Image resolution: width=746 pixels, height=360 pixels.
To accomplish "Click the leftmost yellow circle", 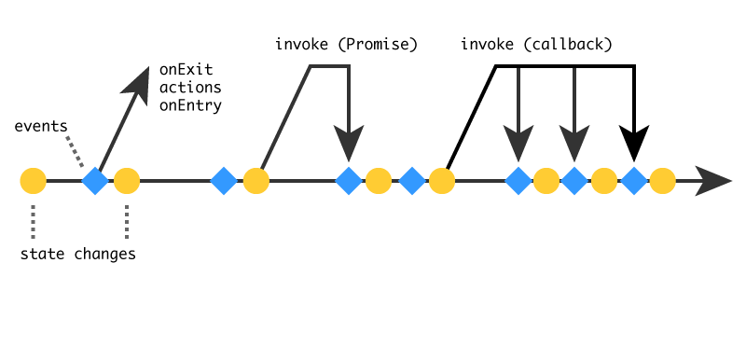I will click(x=33, y=181).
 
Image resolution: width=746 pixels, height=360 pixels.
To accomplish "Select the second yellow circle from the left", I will click(x=127, y=181).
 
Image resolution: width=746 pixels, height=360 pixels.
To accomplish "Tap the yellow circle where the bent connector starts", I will click(x=256, y=181).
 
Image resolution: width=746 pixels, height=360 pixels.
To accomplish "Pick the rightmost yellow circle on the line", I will click(x=662, y=181).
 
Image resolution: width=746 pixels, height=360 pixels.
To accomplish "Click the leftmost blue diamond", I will click(x=95, y=181).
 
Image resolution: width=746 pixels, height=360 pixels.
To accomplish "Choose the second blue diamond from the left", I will click(x=224, y=181).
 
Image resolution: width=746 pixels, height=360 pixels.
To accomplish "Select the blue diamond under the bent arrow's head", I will click(x=349, y=181).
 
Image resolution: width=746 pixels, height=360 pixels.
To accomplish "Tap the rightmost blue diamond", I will click(x=634, y=181).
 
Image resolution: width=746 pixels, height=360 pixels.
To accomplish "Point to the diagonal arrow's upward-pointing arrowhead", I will click(x=140, y=81).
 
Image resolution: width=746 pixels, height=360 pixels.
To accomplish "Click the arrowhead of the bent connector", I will click(x=349, y=145).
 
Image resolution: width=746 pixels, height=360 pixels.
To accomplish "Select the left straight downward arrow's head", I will click(x=518, y=145).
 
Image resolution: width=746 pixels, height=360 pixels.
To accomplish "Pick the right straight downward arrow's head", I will click(x=574, y=145).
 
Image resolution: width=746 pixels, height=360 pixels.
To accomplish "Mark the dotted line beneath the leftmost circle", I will click(x=33, y=221).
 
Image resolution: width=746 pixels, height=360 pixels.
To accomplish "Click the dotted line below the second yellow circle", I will click(x=127, y=221).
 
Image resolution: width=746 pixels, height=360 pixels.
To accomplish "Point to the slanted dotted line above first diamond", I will click(x=75, y=151).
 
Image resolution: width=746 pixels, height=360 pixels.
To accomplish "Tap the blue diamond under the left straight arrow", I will click(x=518, y=181).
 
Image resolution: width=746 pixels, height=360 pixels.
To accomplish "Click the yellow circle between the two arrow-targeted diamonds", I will click(x=546, y=181).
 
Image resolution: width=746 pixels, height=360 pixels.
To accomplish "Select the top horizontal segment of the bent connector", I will click(x=329, y=66).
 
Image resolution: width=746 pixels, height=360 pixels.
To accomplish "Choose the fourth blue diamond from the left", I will click(x=412, y=181).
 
